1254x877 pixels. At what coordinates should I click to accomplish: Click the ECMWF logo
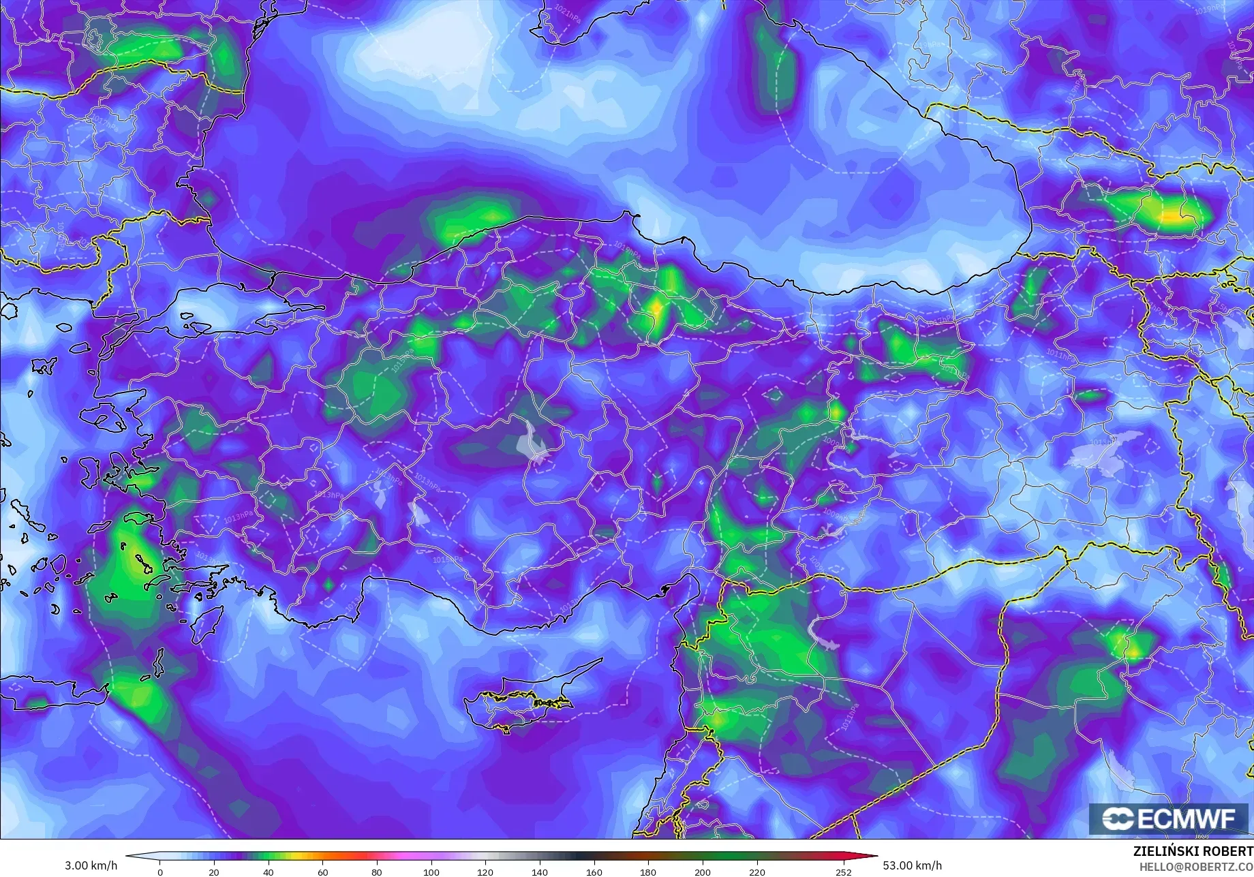1169,818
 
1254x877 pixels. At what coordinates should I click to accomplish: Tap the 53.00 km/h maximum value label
913,866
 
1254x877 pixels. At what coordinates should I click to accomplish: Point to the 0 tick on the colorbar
160,872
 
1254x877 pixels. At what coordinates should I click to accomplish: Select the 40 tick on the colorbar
269,872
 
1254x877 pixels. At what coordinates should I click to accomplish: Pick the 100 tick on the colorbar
431,872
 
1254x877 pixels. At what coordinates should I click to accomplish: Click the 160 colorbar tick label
594,872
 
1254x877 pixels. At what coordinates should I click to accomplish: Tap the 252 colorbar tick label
844,872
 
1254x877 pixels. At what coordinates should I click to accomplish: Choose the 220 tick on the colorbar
756,872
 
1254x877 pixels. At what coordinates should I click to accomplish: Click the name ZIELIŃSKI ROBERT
1193,851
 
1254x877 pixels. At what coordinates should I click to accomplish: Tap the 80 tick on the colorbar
377,872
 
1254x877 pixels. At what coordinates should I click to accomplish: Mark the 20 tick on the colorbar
214,872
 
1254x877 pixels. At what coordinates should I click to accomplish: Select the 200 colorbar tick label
702,872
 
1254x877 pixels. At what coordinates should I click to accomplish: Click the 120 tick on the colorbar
485,872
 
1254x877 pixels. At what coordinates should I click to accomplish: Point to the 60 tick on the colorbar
322,872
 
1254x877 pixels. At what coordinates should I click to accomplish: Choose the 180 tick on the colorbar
648,872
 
